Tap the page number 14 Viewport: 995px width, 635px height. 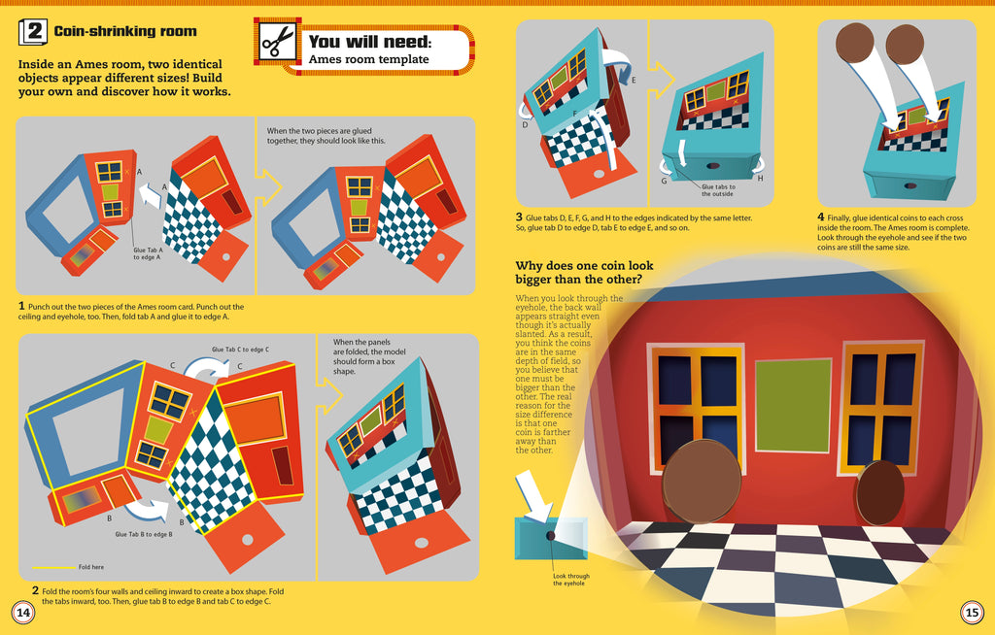(x=21, y=612)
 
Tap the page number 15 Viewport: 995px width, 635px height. (x=972, y=612)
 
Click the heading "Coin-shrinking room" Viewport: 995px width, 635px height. (x=124, y=32)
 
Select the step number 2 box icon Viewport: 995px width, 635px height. (x=33, y=32)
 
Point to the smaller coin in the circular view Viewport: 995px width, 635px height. (x=880, y=493)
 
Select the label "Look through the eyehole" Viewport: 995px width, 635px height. (x=571, y=580)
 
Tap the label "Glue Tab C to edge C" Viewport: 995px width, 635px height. (x=240, y=349)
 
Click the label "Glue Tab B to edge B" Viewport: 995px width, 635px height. (x=144, y=534)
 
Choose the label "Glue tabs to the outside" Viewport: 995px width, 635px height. (x=717, y=190)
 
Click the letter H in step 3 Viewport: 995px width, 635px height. (x=759, y=178)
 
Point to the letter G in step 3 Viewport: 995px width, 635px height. (x=664, y=181)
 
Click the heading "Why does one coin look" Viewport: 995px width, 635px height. (x=583, y=266)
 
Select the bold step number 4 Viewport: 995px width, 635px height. (x=821, y=217)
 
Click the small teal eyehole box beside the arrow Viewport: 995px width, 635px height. (x=550, y=536)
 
